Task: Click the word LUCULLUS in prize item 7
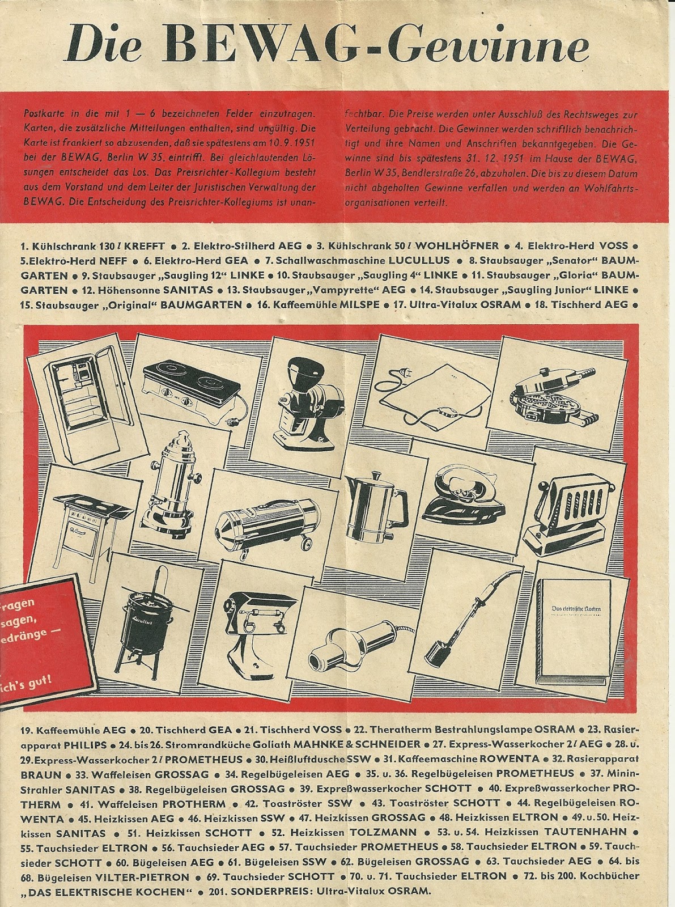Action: click(x=419, y=261)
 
